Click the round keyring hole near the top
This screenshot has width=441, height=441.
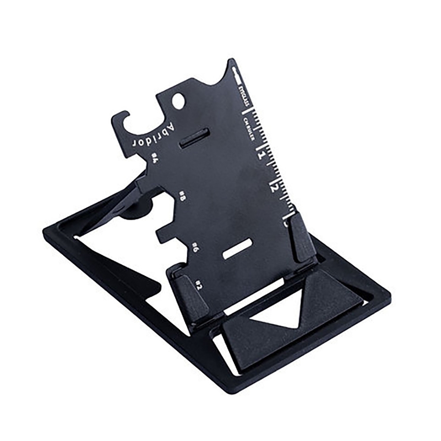pos(178,101)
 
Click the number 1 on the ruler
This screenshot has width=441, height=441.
pos(262,154)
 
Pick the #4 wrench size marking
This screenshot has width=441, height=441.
pos(155,158)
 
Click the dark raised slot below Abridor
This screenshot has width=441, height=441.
pos(194,138)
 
